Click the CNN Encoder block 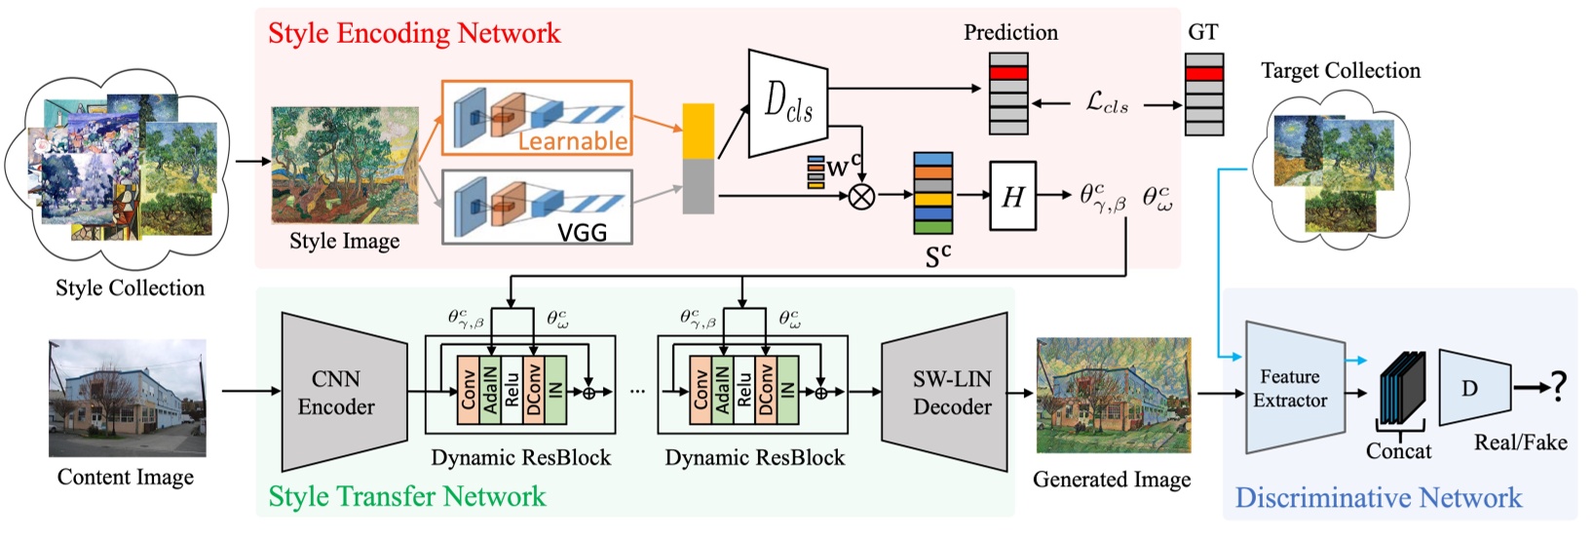[x=341, y=393]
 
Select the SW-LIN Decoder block [x=948, y=393]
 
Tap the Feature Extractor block [x=1292, y=388]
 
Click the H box [x=1012, y=197]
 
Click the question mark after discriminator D [x=1559, y=387]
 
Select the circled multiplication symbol [x=861, y=197]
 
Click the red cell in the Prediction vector [x=1008, y=73]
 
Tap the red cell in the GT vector [x=1204, y=74]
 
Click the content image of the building [x=128, y=398]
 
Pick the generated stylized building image [x=1114, y=396]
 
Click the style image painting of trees [x=345, y=165]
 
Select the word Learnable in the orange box [x=572, y=141]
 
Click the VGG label [x=582, y=232]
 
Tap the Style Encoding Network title [x=414, y=33]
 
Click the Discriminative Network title [x=1378, y=498]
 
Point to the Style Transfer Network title [x=407, y=496]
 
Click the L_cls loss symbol [x=1107, y=103]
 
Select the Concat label [x=1398, y=451]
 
